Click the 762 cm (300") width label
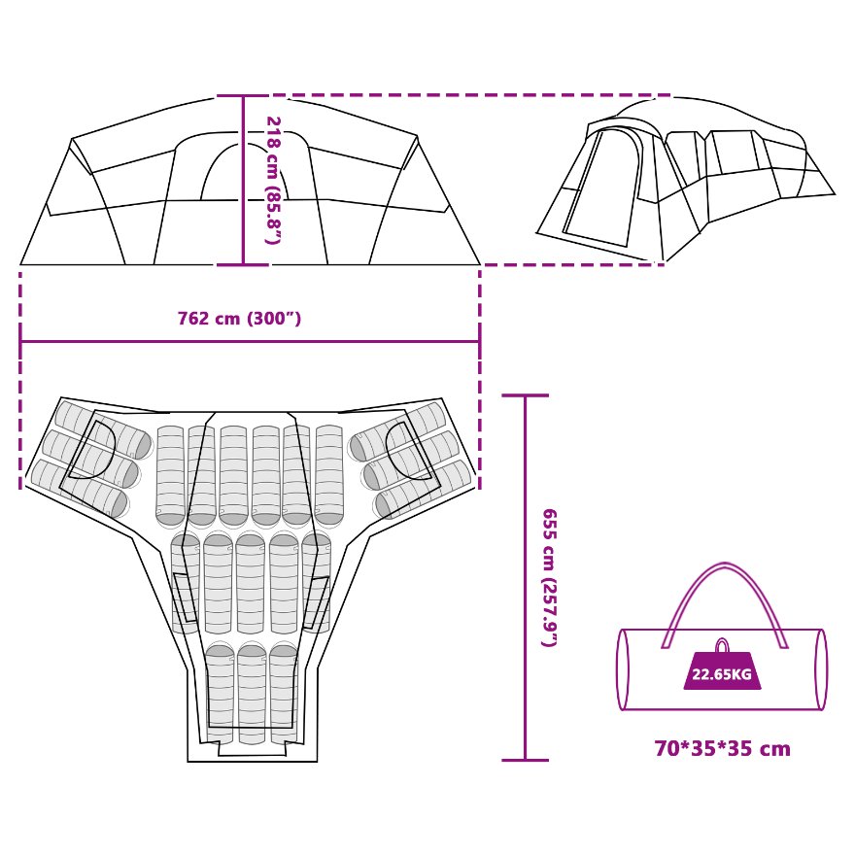click(239, 319)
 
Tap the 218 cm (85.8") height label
click(273, 180)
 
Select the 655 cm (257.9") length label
click(549, 577)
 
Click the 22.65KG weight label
click(721, 674)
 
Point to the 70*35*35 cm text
click(722, 749)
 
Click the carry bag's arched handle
click(724, 583)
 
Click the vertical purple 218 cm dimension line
click(243, 180)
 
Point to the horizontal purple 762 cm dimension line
click(249, 341)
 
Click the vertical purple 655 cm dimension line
click(526, 577)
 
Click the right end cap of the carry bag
click(821, 669)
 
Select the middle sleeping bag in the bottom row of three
click(252, 692)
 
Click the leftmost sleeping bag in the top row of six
click(170, 474)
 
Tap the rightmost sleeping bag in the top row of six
click(329, 474)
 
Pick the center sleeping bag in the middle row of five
click(251, 583)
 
